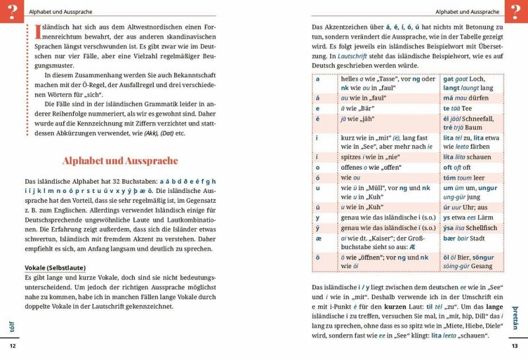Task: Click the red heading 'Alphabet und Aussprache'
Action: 119,161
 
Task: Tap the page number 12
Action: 13,346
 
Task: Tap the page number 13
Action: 515,346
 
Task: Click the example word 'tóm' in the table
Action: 451,178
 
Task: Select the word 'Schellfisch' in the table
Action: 482,227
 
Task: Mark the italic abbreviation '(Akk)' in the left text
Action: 154,133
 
